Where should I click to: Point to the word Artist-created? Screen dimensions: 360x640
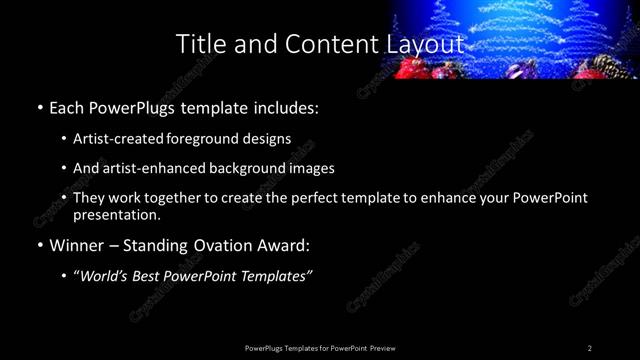pyautogui.click(x=121, y=139)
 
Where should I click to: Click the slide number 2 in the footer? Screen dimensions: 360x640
pyautogui.click(x=590, y=348)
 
